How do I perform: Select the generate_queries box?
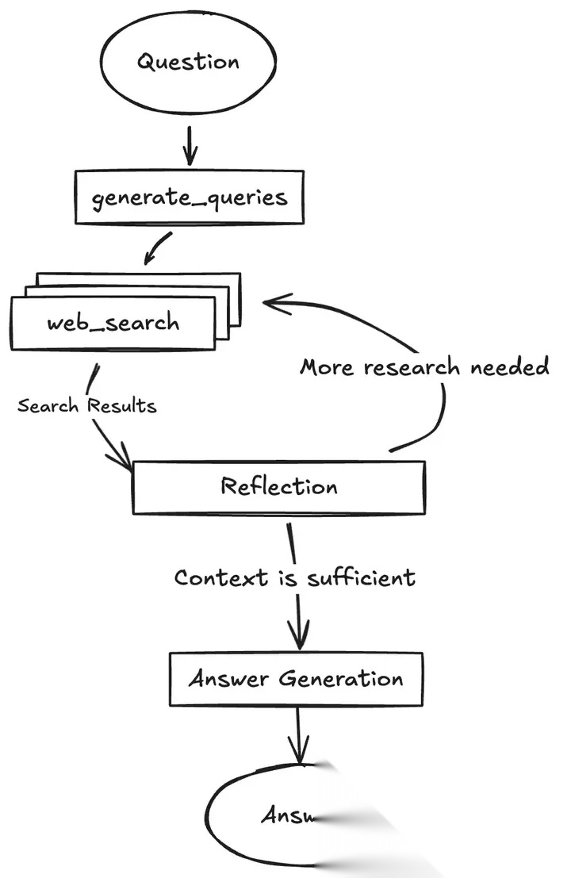coord(189,197)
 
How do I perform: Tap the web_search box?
coord(113,323)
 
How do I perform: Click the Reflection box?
coord(279,486)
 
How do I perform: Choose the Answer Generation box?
coord(296,679)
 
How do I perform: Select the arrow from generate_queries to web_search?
coord(156,247)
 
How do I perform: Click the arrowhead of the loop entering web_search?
coord(274,302)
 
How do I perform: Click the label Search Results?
coord(86,406)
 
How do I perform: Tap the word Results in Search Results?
coord(122,406)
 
